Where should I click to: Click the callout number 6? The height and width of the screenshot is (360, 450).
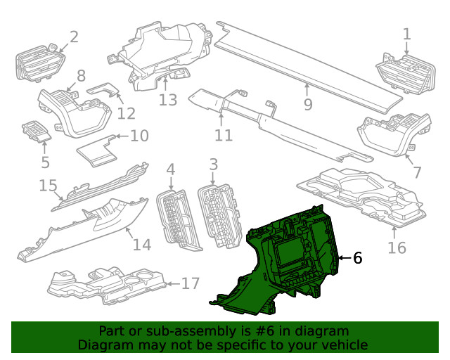[357, 259]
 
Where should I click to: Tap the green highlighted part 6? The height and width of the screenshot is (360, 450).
[295, 260]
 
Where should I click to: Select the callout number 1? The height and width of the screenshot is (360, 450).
[406, 34]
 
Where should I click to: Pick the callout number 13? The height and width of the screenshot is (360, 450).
[168, 100]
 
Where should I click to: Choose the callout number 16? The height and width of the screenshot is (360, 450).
[397, 247]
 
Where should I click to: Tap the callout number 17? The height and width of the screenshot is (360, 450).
[191, 284]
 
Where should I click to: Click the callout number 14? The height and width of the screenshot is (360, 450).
[142, 245]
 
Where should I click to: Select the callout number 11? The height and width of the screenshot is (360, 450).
[224, 135]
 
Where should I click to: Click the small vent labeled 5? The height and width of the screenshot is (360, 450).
[35, 131]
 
